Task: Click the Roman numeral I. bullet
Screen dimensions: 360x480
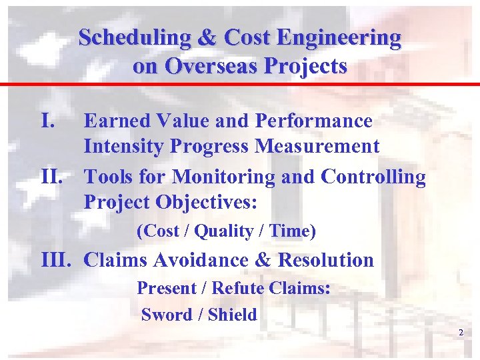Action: pos(48,121)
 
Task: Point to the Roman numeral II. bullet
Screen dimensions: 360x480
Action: pos(54,177)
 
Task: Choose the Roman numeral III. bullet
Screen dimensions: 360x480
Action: pos(59,260)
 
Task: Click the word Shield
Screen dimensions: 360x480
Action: pos(233,315)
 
